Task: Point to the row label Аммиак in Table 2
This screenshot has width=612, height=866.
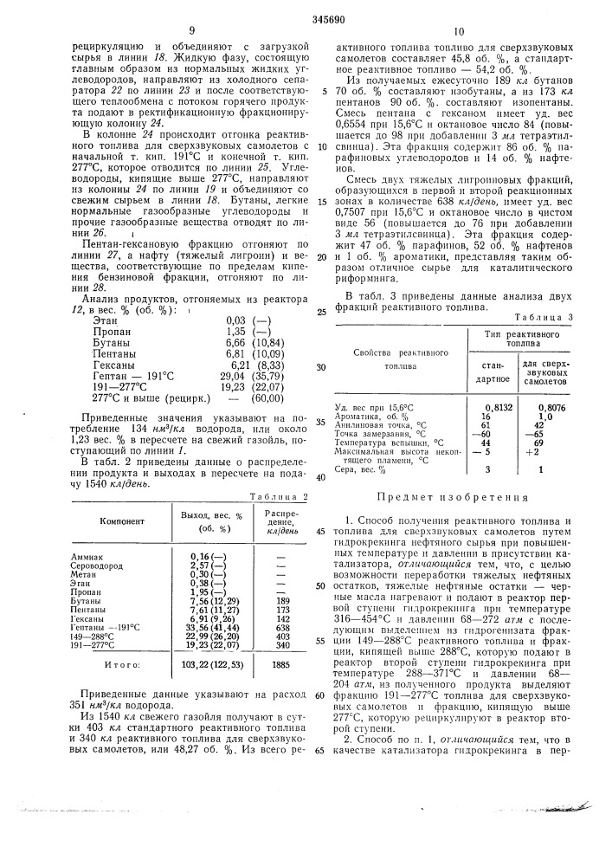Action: pyautogui.click(x=92, y=556)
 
